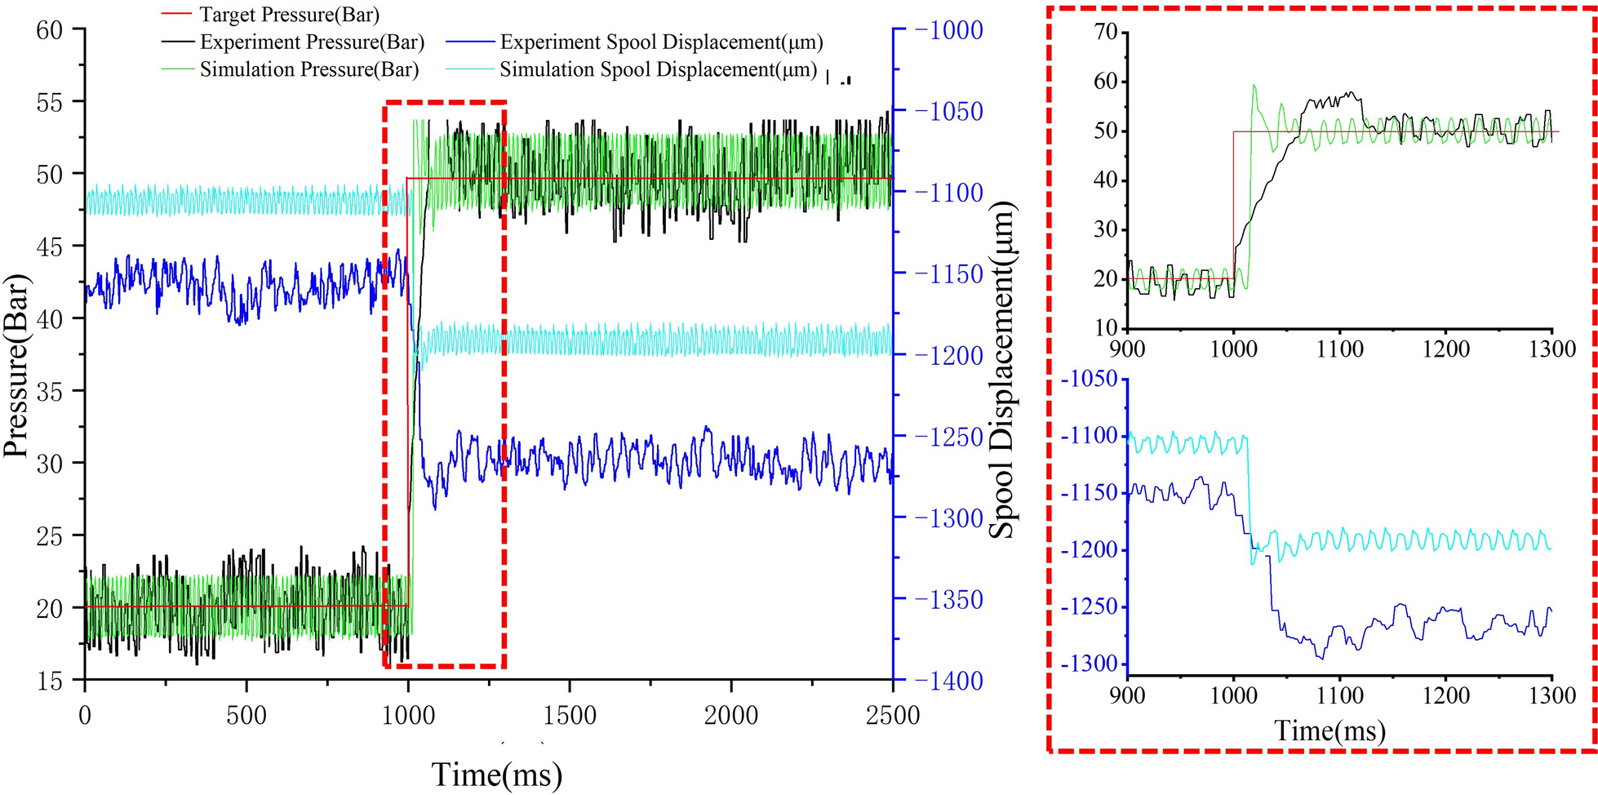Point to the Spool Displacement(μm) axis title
click(1003, 369)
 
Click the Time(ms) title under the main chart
click(496, 774)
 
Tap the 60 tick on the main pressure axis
click(50, 30)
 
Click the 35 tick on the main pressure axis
click(50, 391)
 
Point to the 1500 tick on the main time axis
click(570, 716)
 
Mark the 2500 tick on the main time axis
click(893, 716)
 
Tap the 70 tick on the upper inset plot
click(1105, 33)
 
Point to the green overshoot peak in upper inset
click(1254, 85)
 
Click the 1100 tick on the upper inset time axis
click(1339, 349)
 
